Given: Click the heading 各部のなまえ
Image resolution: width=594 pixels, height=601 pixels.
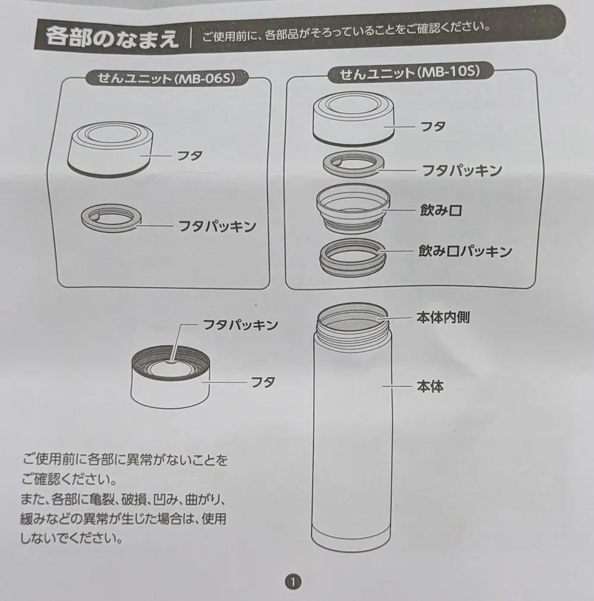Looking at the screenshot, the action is [x=112, y=38].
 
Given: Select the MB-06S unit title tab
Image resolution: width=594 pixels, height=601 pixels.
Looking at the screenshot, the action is [x=166, y=78].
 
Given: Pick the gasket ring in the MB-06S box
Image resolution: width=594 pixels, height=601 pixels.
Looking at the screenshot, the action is [x=111, y=217].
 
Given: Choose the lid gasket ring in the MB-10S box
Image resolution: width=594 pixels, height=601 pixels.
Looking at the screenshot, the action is [x=353, y=165].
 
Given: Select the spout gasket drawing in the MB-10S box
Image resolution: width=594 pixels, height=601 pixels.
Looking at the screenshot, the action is [x=353, y=257].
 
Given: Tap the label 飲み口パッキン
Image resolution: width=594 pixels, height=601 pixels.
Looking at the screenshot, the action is [x=465, y=251].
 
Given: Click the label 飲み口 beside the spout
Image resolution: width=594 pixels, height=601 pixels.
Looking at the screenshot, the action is [x=441, y=210].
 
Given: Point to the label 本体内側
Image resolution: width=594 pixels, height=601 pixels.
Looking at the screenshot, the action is [x=443, y=317].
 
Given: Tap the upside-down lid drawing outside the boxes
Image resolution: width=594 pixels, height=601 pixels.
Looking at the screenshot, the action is [x=170, y=377].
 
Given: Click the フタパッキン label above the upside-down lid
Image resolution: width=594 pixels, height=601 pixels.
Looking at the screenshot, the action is [x=240, y=325].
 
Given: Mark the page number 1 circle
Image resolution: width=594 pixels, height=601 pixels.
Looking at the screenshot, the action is [x=293, y=582].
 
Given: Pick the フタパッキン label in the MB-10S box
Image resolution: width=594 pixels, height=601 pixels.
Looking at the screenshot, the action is [x=462, y=170].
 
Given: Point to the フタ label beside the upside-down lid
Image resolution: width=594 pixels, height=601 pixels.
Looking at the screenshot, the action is [x=263, y=382].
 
